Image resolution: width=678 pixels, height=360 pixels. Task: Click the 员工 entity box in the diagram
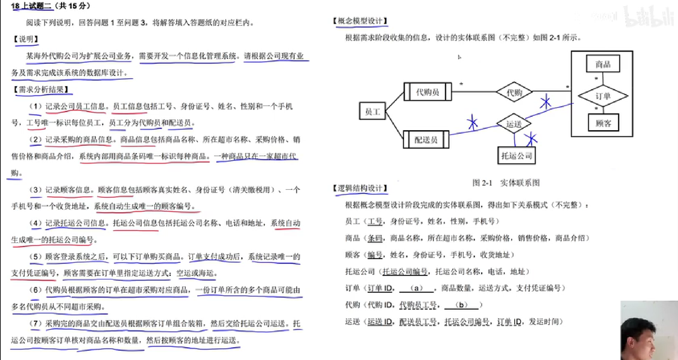(x=372, y=111)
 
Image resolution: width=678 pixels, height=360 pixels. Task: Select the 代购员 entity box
(x=427, y=92)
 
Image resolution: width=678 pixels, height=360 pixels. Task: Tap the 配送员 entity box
(x=426, y=140)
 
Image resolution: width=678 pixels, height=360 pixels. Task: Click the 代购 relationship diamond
(x=514, y=92)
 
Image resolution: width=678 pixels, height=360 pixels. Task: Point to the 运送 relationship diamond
(x=514, y=124)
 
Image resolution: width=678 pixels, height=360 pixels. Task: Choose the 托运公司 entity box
(x=516, y=156)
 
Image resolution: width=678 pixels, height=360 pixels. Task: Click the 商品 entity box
(x=603, y=64)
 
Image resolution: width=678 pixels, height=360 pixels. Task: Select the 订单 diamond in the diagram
(x=603, y=96)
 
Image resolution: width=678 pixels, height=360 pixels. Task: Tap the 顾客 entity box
(x=603, y=123)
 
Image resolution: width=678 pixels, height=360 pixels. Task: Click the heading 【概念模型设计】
(x=360, y=21)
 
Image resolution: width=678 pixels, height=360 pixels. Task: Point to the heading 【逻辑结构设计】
(x=360, y=188)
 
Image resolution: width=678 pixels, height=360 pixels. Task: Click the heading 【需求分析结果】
(x=41, y=90)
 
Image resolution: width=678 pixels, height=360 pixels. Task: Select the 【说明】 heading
(x=26, y=39)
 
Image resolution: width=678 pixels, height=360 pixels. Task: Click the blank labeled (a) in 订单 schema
(x=416, y=288)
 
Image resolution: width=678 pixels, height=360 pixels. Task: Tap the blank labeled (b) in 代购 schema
(x=461, y=305)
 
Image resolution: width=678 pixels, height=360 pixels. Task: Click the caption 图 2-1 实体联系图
(x=506, y=183)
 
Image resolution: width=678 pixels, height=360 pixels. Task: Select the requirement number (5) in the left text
(x=36, y=257)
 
